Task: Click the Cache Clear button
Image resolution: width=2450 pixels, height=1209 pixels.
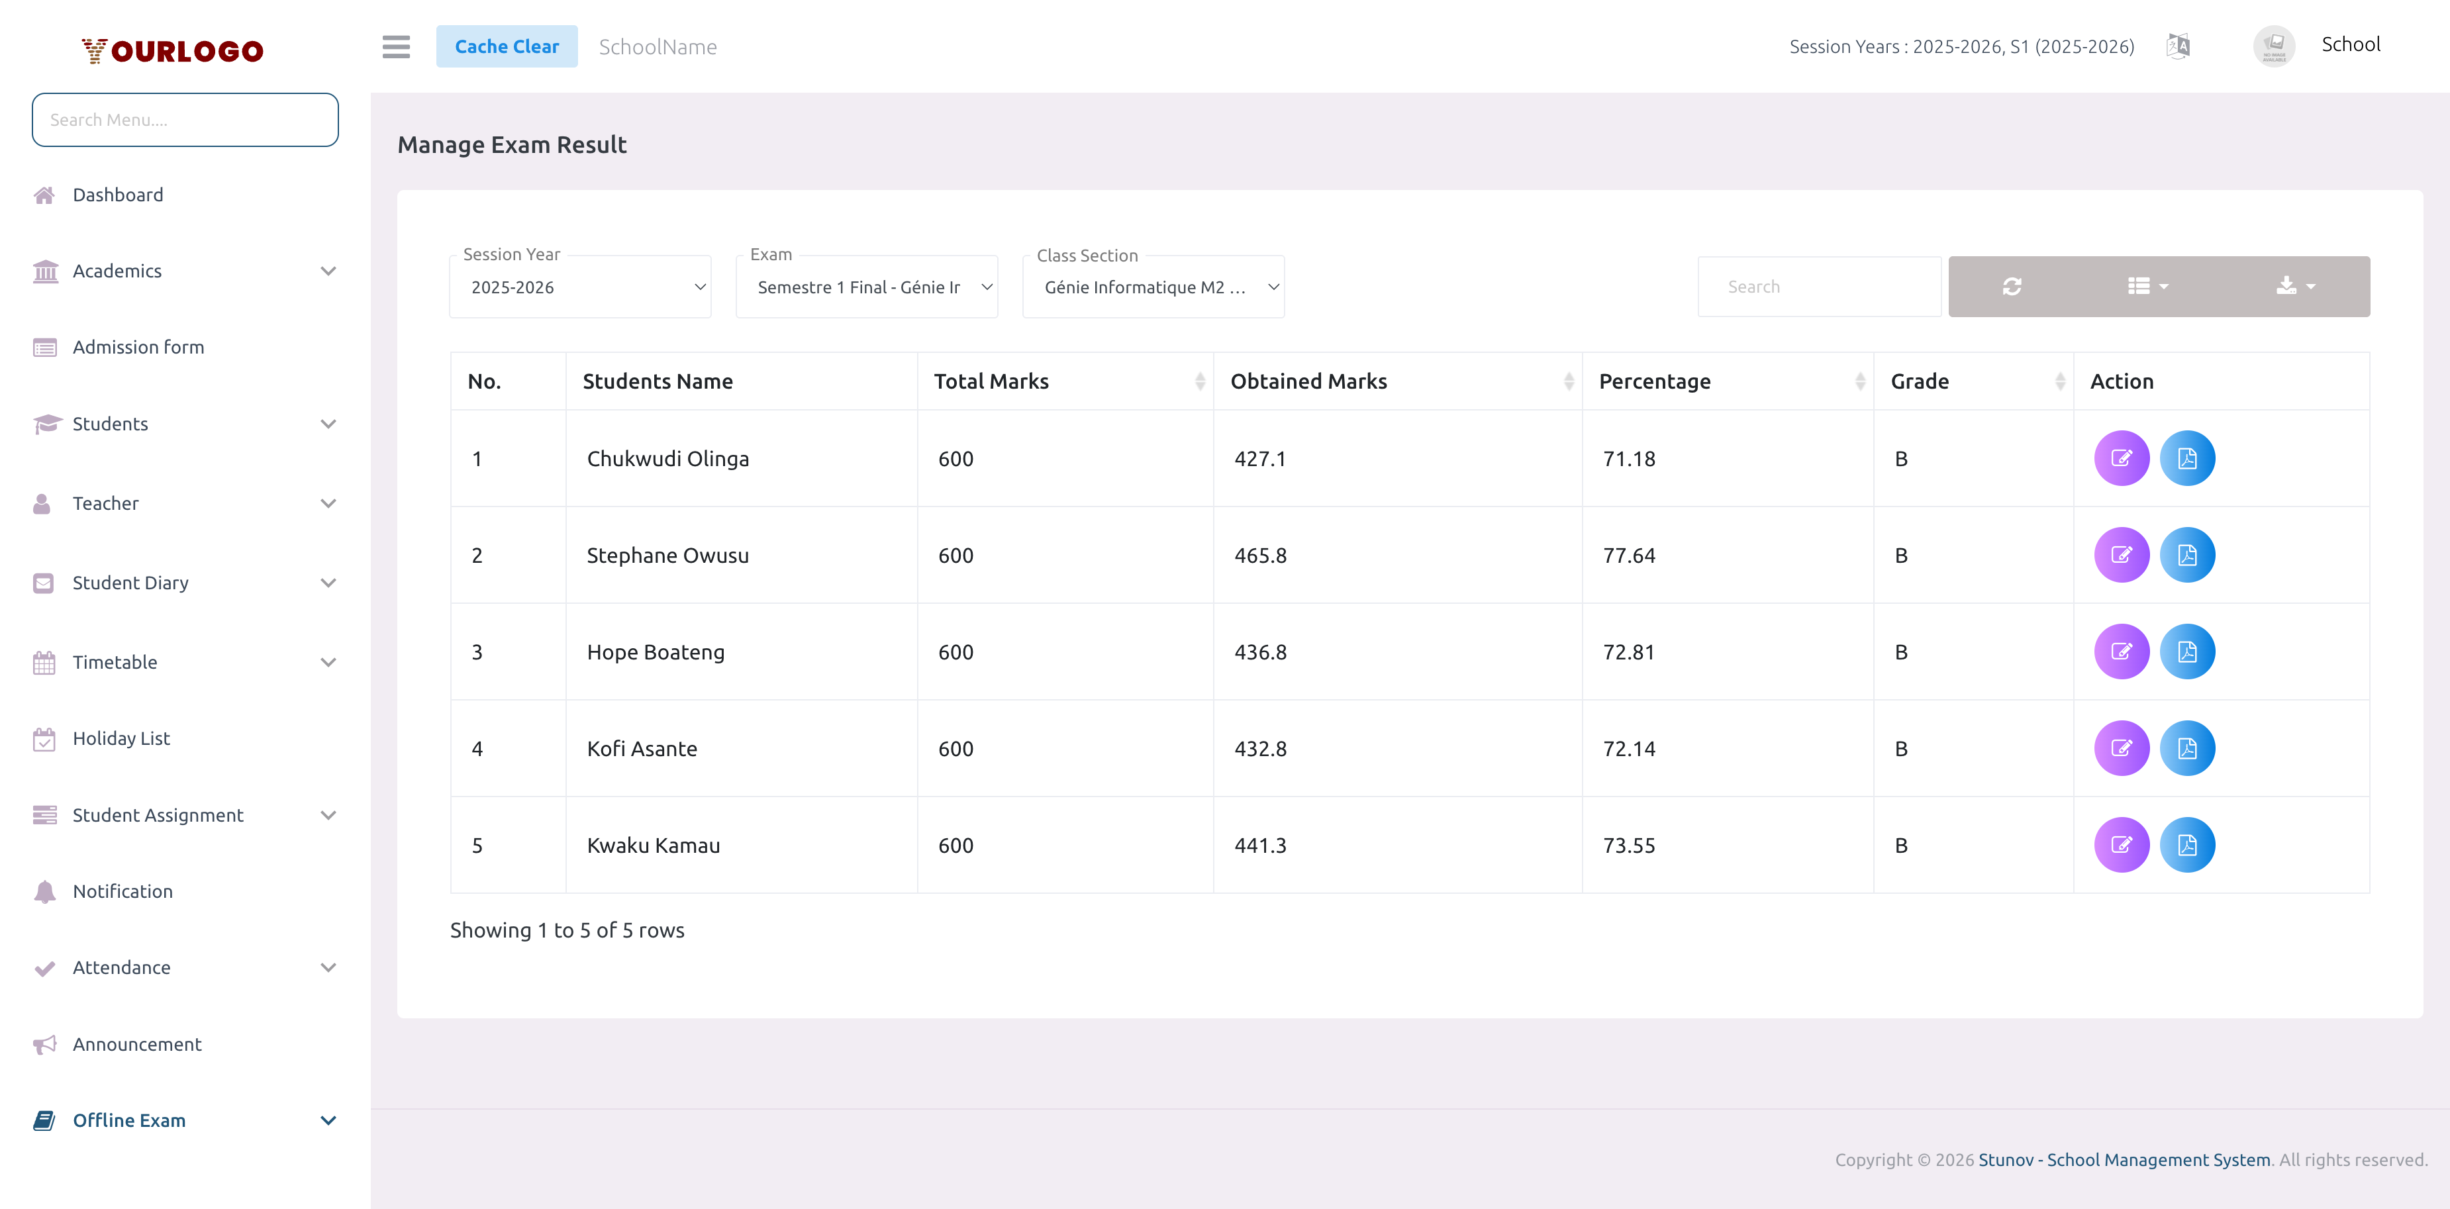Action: click(x=506, y=46)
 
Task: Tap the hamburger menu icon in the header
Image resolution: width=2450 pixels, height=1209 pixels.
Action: click(x=396, y=46)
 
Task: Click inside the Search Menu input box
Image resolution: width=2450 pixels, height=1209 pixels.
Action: click(x=185, y=120)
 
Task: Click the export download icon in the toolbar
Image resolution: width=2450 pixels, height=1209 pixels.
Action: click(x=2294, y=286)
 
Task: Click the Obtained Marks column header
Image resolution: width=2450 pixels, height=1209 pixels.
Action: click(x=1308, y=381)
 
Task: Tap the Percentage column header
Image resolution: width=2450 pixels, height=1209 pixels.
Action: click(x=1654, y=381)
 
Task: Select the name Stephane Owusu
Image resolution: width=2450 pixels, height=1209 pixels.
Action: click(x=667, y=556)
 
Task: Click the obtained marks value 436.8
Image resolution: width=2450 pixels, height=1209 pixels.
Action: click(x=1260, y=653)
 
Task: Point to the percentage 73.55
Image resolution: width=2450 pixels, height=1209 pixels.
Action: click(x=1628, y=846)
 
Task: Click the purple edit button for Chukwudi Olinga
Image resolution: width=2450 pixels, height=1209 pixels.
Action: click(x=2121, y=458)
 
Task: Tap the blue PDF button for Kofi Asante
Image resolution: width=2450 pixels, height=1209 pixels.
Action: click(x=2186, y=749)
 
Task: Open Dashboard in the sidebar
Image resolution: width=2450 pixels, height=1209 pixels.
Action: click(x=118, y=195)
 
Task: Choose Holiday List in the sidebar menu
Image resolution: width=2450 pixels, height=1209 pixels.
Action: click(x=121, y=738)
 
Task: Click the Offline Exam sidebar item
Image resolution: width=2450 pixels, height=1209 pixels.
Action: click(x=129, y=1120)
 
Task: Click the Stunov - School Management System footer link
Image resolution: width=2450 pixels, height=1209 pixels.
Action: click(x=2124, y=1159)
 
